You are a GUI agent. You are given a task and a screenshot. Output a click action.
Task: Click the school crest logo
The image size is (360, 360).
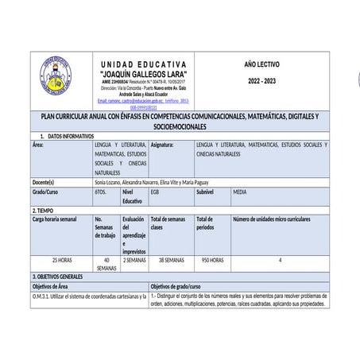(59, 79)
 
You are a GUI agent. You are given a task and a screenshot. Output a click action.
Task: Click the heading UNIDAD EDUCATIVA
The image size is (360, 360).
(144, 64)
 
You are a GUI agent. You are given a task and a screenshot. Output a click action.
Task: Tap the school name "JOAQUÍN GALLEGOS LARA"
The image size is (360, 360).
(143, 74)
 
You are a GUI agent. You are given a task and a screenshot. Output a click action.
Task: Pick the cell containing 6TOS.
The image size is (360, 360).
(101, 192)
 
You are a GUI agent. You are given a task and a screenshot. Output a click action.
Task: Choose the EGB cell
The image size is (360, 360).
(155, 192)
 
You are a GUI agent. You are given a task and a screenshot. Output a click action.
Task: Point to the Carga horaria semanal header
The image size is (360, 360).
(55, 219)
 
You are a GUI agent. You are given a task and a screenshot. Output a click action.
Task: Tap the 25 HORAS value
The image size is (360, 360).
(61, 260)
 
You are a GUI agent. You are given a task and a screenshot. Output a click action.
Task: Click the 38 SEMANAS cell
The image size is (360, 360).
(171, 260)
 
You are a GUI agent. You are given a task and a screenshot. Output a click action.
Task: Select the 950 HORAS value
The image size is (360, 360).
(211, 260)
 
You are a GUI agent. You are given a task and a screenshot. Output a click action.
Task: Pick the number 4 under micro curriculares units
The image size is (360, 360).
(280, 260)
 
